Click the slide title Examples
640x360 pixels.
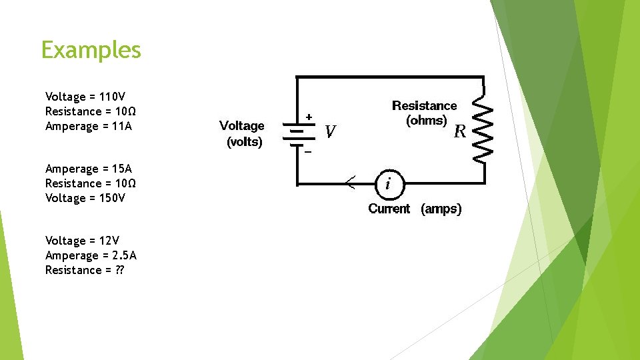pyautogui.click(x=91, y=50)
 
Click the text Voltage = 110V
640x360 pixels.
pyautogui.click(x=85, y=97)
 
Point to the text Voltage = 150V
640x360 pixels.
pyautogui.click(x=85, y=198)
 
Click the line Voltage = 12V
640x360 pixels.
pyautogui.click(x=82, y=241)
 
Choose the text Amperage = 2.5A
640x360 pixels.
pyautogui.click(x=91, y=255)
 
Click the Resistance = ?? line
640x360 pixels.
pyautogui.click(x=85, y=270)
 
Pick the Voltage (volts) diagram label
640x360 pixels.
pyautogui.click(x=242, y=133)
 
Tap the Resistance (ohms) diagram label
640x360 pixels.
pyautogui.click(x=425, y=113)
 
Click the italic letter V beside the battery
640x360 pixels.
pyautogui.click(x=330, y=132)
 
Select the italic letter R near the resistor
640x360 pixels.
pyautogui.click(x=459, y=131)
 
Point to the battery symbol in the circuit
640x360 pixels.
pyautogui.click(x=297, y=134)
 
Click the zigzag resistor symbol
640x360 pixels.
pyautogui.click(x=483, y=132)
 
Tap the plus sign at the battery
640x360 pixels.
pyautogui.click(x=309, y=117)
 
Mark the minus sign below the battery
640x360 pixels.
pyautogui.click(x=308, y=152)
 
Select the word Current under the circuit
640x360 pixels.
pyautogui.click(x=389, y=209)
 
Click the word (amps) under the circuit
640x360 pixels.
pyautogui.click(x=441, y=209)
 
